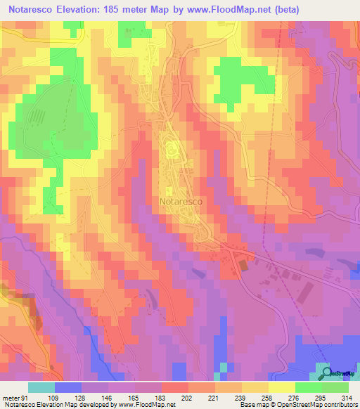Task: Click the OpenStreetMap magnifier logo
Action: point(327,372)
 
